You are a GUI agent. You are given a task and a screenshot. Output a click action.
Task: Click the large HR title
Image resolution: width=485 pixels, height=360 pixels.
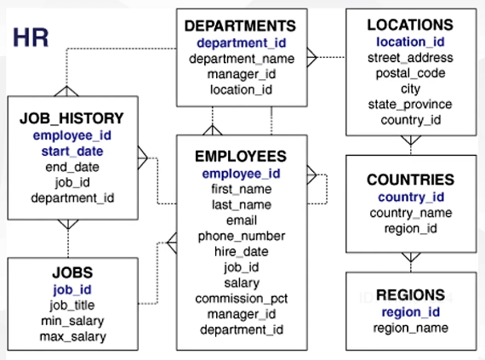coord(31,37)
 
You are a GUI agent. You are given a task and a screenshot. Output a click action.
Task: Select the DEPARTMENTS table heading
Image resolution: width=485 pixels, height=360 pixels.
coord(240,26)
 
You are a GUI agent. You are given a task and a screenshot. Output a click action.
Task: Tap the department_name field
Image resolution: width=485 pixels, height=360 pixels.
coord(242,59)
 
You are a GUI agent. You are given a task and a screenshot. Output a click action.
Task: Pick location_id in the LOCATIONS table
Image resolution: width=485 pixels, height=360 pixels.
coord(410,42)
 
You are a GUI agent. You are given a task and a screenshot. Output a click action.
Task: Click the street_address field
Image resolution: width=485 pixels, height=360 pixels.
coord(410,58)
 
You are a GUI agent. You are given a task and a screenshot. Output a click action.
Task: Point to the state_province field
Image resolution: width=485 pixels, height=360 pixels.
coord(410,105)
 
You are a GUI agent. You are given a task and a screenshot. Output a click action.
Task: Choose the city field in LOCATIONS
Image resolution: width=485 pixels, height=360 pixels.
coord(410,89)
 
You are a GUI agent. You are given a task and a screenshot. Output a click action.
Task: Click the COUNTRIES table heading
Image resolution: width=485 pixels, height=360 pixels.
coord(410,180)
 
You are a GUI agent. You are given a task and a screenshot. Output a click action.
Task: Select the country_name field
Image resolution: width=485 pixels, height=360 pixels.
coord(411,213)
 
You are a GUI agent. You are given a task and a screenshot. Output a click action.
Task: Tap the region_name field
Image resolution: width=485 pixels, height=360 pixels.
coord(410,328)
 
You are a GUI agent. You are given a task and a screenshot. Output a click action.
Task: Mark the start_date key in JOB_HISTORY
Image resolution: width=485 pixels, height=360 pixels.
coord(72,151)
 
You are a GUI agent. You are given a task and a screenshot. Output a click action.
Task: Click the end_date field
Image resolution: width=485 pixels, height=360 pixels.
coord(72,167)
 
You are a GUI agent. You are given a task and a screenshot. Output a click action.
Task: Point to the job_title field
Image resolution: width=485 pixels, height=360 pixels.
coord(72,306)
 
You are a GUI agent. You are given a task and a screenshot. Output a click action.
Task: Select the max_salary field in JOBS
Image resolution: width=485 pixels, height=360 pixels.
coord(73,336)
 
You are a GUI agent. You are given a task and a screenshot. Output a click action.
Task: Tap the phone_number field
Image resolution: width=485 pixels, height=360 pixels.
coord(242,237)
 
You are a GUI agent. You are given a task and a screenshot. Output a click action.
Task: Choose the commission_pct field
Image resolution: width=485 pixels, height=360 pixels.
coord(242,299)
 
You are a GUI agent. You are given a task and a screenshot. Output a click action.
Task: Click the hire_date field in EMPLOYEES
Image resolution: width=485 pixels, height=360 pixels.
coord(242,251)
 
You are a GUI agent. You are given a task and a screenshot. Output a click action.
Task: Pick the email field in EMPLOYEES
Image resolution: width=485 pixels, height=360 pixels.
coord(242,220)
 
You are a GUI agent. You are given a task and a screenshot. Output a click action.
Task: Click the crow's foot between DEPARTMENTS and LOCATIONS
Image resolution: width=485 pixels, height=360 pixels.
coord(311,57)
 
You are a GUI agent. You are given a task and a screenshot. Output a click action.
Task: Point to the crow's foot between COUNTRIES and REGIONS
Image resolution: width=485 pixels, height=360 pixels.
coord(411,257)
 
